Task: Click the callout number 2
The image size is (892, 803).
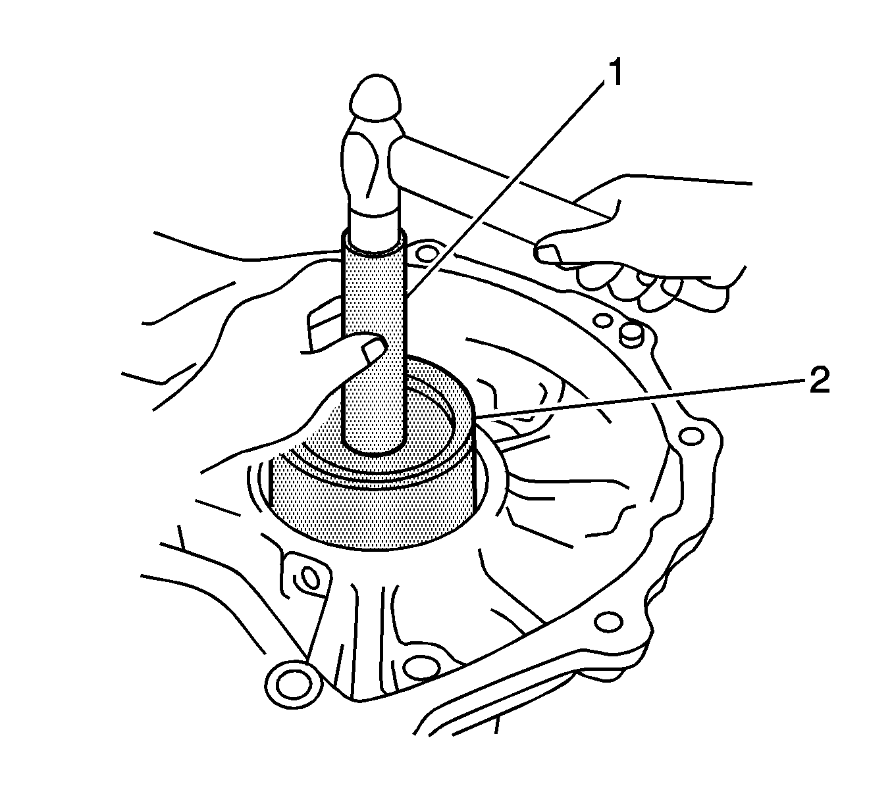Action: [x=814, y=380]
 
